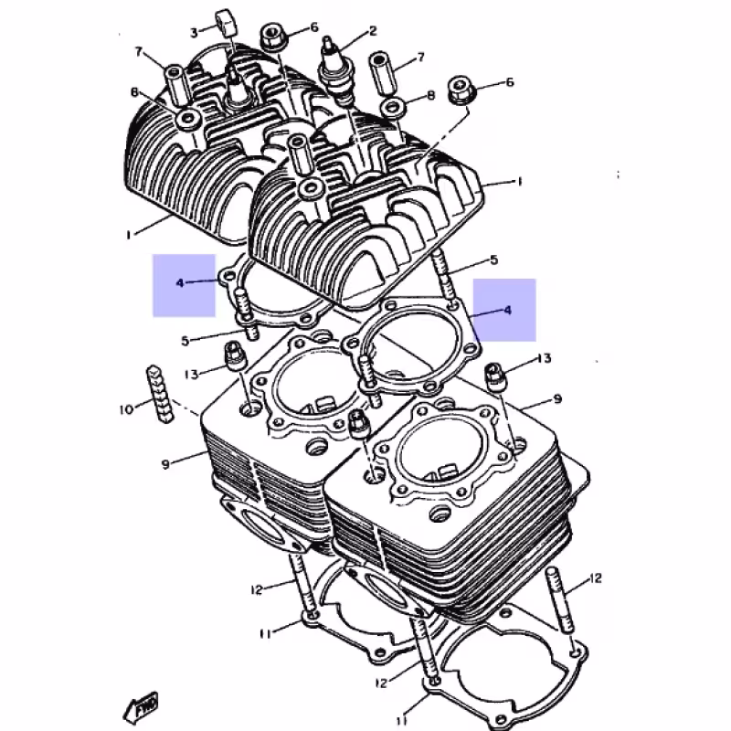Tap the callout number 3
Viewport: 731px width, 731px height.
coord(194,33)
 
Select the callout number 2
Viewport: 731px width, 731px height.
coord(373,31)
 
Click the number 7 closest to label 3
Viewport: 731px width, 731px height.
coord(139,51)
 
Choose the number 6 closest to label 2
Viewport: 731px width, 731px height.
coord(313,27)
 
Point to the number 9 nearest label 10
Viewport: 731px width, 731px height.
coord(166,464)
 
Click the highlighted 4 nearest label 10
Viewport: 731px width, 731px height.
coord(181,283)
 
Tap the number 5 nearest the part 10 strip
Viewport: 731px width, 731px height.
coord(185,341)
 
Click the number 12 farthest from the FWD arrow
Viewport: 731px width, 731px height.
coord(596,577)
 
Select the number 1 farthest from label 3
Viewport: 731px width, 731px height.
coord(519,182)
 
